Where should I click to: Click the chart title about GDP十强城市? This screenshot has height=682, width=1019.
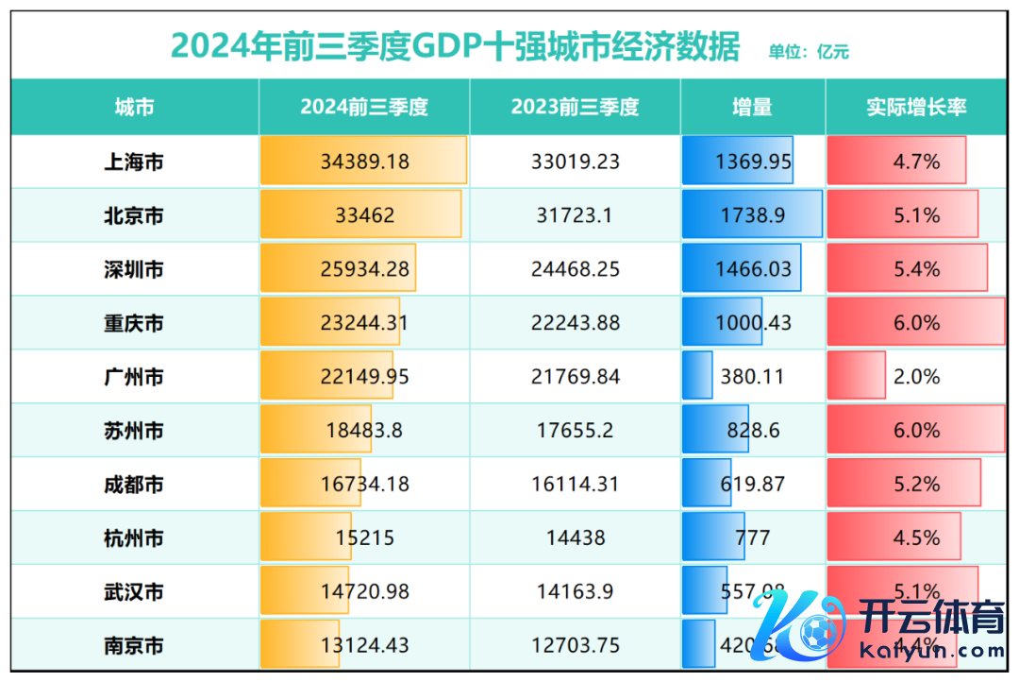pyautogui.click(x=455, y=45)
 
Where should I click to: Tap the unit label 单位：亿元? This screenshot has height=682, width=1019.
pyautogui.click(x=809, y=52)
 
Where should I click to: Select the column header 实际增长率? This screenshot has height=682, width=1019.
pyautogui.click(x=916, y=107)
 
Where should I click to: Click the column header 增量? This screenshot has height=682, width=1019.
pyautogui.click(x=752, y=107)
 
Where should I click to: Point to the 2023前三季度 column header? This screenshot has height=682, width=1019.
pyautogui.click(x=575, y=107)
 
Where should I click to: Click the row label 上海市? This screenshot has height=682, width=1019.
pyautogui.click(x=133, y=162)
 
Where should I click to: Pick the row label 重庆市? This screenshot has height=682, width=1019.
pyautogui.click(x=133, y=323)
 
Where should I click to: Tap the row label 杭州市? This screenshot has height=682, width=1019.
pyautogui.click(x=133, y=538)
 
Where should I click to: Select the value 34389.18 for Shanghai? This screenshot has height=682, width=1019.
pyautogui.click(x=364, y=162)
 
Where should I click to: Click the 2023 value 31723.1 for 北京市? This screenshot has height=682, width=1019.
pyautogui.click(x=575, y=215)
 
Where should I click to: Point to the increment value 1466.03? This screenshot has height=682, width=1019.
pyautogui.click(x=753, y=269)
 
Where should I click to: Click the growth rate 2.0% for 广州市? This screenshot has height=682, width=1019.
pyautogui.click(x=916, y=377)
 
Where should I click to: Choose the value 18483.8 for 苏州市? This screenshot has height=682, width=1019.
pyautogui.click(x=364, y=431)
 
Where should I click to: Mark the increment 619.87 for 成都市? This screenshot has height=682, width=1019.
pyautogui.click(x=752, y=485)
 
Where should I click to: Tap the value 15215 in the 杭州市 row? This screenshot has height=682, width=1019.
pyautogui.click(x=364, y=538)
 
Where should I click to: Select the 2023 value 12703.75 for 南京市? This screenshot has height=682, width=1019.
pyautogui.click(x=575, y=646)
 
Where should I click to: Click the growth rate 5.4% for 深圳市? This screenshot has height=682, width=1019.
pyautogui.click(x=916, y=269)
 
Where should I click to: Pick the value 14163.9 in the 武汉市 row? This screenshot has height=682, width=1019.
pyautogui.click(x=575, y=592)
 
